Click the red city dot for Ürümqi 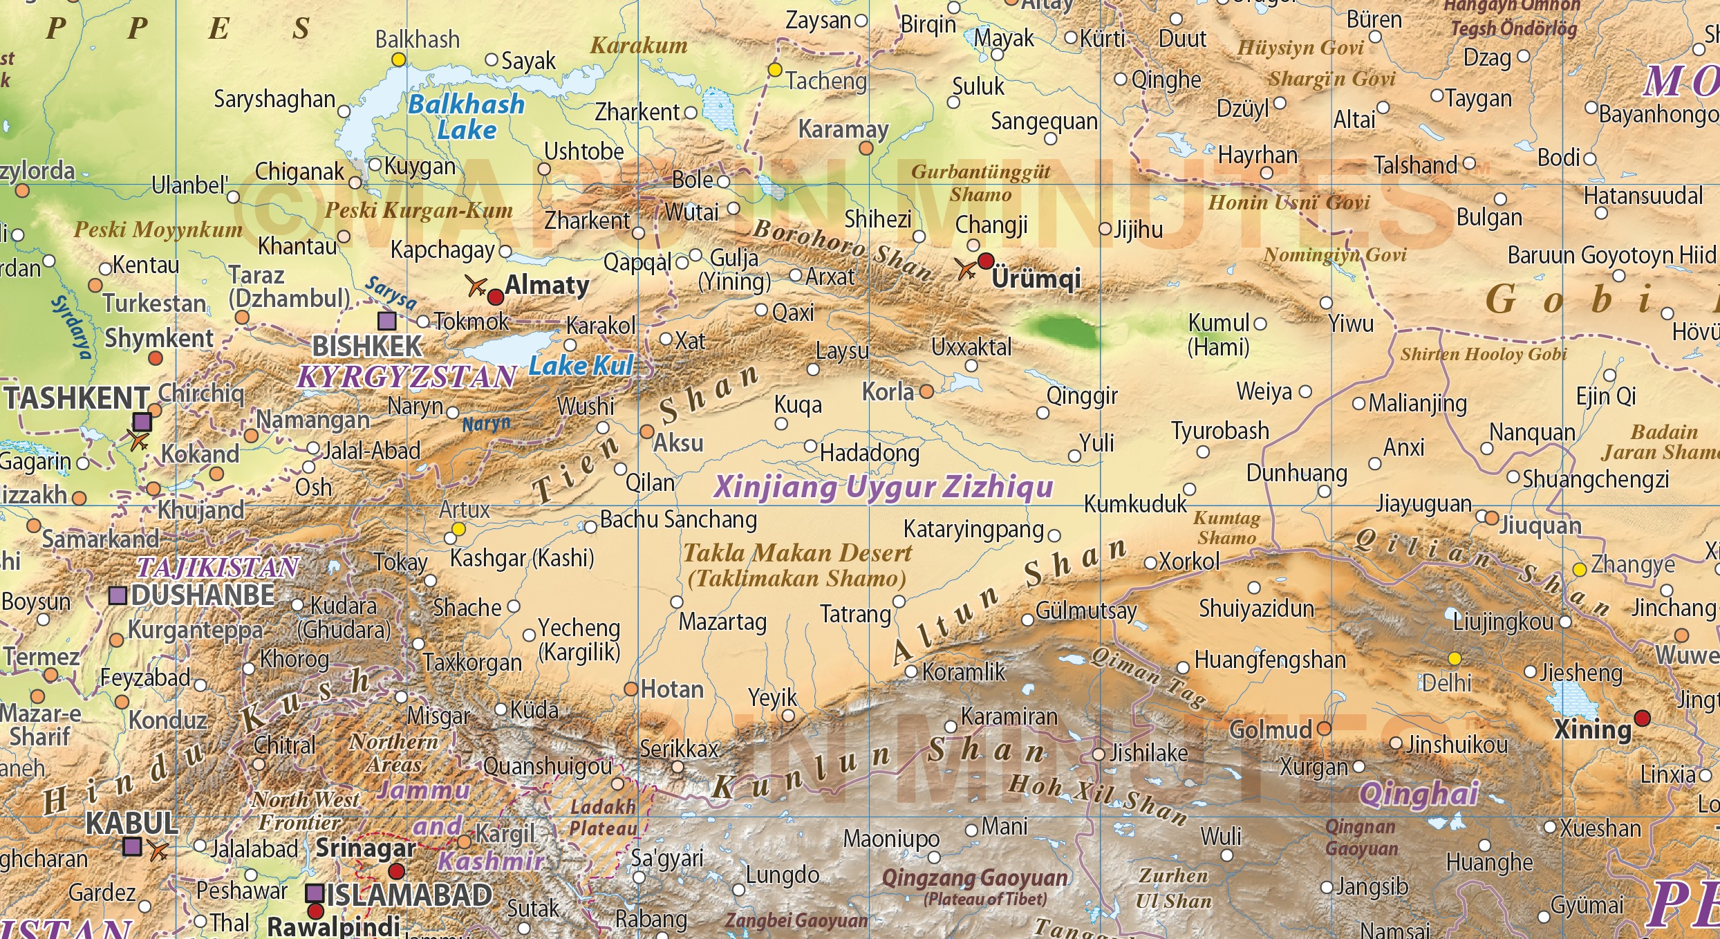(x=986, y=261)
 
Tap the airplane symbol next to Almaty (x=476, y=285)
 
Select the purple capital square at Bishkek (x=387, y=320)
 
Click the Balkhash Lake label (x=467, y=117)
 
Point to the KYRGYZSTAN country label (x=407, y=377)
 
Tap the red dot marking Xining (x=1642, y=718)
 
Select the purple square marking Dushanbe (x=118, y=595)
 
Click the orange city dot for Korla (x=926, y=391)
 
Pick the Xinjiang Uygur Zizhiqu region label (x=884, y=487)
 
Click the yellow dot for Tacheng (x=775, y=70)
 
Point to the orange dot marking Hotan (x=630, y=689)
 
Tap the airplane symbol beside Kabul (x=158, y=850)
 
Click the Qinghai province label (x=1419, y=794)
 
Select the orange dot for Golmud (x=1324, y=728)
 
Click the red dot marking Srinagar (x=396, y=871)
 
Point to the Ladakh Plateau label (x=603, y=817)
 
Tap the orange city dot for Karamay (x=866, y=148)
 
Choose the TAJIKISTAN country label (x=218, y=568)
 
